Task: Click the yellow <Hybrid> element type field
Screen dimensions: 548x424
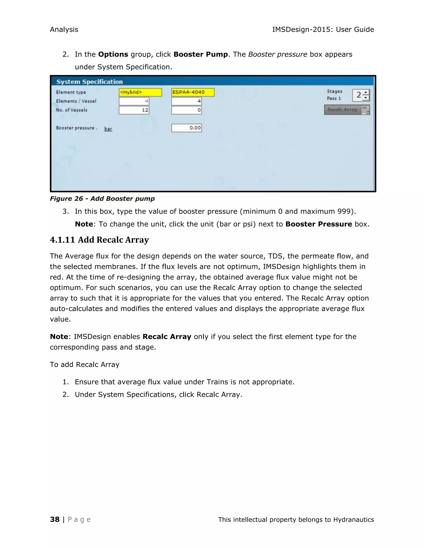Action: coord(140,92)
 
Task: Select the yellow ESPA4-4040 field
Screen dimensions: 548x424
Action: coord(193,92)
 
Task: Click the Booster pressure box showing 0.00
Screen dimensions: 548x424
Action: coord(186,128)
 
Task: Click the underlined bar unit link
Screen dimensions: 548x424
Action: coord(108,129)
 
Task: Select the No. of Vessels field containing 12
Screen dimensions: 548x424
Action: coord(134,110)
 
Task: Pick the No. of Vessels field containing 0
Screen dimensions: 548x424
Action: coord(186,110)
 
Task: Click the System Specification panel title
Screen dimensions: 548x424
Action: coord(89,82)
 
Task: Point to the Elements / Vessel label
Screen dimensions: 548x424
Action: coord(76,101)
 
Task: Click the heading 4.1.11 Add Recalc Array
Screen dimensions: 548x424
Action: coord(99,240)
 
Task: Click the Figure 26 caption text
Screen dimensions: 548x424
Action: coord(102,199)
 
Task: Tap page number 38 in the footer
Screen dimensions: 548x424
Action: coord(55,519)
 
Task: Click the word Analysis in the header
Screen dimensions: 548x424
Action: coord(64,30)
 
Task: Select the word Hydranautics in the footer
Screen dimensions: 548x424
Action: coord(353,520)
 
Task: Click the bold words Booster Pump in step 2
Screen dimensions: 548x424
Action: coord(200,54)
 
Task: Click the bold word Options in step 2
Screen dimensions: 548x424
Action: coord(113,54)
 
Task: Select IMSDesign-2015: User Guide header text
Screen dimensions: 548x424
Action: coord(323,30)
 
